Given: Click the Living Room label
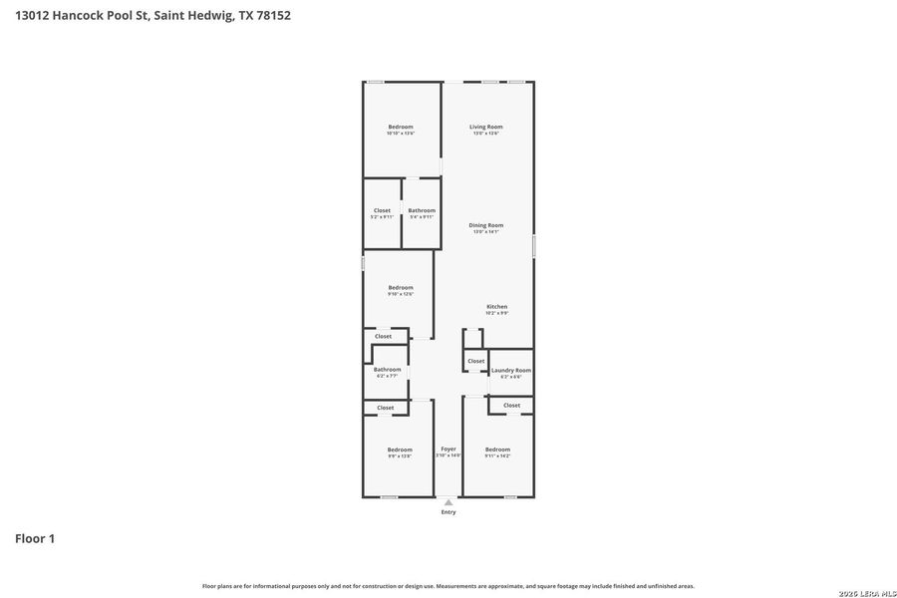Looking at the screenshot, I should click(x=485, y=127).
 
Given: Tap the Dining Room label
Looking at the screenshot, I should click(x=485, y=225).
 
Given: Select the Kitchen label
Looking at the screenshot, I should click(x=496, y=306).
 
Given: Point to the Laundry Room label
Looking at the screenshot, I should click(x=511, y=370).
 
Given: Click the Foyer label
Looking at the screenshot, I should click(x=448, y=448).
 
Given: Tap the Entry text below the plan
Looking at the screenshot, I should click(x=448, y=512).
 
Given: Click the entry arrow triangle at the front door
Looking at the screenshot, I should click(x=448, y=503).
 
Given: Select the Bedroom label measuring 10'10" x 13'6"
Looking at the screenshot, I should click(x=401, y=127).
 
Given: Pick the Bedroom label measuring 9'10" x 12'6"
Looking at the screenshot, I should click(x=401, y=288).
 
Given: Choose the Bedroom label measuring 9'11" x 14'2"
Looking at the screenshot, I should click(x=497, y=449).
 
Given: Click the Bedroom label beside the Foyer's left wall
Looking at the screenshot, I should click(x=400, y=449).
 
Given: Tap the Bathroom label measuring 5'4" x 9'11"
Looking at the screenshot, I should click(x=422, y=210).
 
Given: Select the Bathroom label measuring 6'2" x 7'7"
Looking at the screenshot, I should click(x=387, y=370).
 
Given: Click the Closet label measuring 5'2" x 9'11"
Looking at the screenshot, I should click(x=382, y=210).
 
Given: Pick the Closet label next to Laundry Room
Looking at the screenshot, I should click(x=476, y=361).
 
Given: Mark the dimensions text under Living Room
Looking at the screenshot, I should click(x=485, y=134).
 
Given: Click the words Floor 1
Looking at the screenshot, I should click(x=35, y=539).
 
